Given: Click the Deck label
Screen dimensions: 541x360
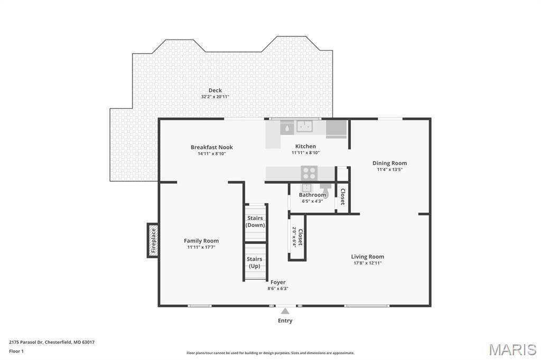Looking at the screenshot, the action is coord(215,90).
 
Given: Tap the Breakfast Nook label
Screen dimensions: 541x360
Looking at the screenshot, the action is coord(211,147).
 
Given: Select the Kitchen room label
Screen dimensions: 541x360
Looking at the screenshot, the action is coord(305,146).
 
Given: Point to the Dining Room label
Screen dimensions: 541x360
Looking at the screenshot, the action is coord(389,163).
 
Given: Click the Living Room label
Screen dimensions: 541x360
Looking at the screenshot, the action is coord(368,257).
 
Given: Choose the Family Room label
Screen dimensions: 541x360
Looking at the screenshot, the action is coord(201,241).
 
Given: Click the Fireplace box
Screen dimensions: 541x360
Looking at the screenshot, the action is coord(153,240).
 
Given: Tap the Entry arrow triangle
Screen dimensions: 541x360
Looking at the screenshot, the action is coord(285,311).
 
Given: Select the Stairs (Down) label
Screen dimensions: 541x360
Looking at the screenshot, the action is coord(255,221).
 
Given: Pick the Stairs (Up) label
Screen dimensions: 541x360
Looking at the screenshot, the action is coord(254,262).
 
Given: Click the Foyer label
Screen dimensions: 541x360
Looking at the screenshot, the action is coord(278,282).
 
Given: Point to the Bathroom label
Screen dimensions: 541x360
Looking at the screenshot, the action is coord(312,195).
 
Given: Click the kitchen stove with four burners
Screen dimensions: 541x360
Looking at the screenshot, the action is coord(309,174).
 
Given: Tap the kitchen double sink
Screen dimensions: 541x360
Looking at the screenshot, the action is coord(304,126).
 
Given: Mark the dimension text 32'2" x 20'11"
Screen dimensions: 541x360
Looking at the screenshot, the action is coord(215,97).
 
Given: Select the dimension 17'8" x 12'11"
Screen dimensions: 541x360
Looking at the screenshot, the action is coord(368,263).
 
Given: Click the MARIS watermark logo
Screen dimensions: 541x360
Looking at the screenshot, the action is coord(512,349).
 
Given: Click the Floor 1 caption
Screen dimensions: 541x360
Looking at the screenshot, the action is coord(16,352).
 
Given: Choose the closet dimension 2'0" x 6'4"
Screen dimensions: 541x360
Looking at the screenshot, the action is coord(294,236).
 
